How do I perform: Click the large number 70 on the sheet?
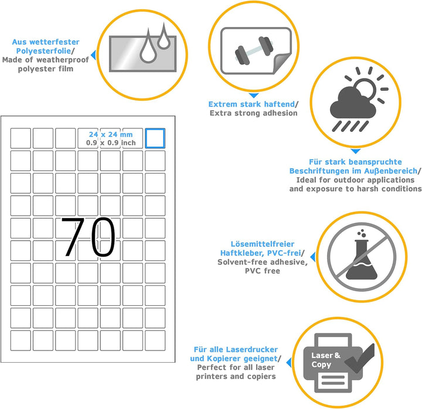(x=89, y=237)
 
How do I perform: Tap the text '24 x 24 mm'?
(x=111, y=134)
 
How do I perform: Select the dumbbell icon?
(x=254, y=50)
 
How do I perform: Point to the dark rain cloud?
(x=353, y=104)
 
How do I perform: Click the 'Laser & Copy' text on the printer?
(x=326, y=360)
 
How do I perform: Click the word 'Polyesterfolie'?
(x=43, y=51)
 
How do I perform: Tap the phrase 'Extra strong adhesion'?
(x=254, y=113)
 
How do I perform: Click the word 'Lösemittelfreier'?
(x=263, y=244)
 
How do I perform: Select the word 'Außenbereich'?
(x=391, y=171)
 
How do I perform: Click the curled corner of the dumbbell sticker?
(x=282, y=63)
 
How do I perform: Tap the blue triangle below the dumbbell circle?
(x=254, y=96)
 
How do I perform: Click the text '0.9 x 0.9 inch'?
(x=111, y=143)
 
